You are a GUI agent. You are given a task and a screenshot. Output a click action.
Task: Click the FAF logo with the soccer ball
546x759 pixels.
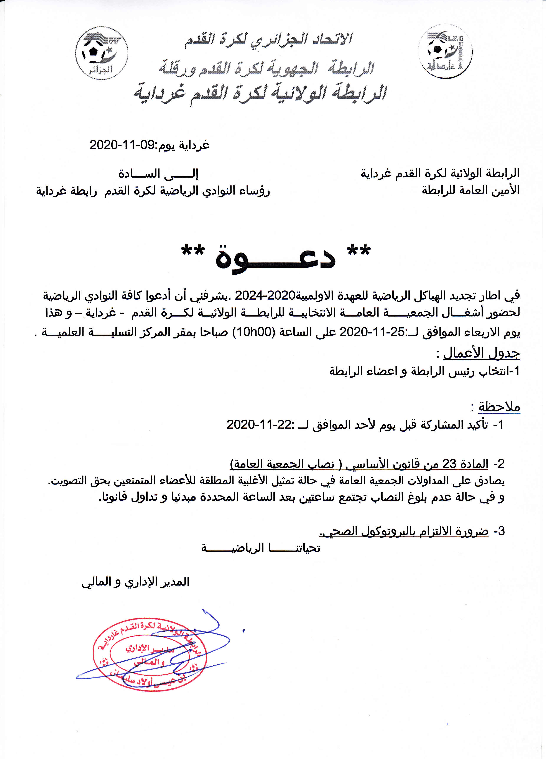pyautogui.click(x=101, y=53)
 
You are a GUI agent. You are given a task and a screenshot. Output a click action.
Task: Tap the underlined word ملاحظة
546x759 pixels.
pyautogui.click(x=499, y=407)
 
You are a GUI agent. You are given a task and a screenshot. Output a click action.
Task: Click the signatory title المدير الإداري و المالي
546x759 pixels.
pyautogui.click(x=135, y=582)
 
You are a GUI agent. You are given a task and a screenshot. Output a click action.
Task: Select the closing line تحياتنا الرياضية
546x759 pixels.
pyautogui.click(x=261, y=548)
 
